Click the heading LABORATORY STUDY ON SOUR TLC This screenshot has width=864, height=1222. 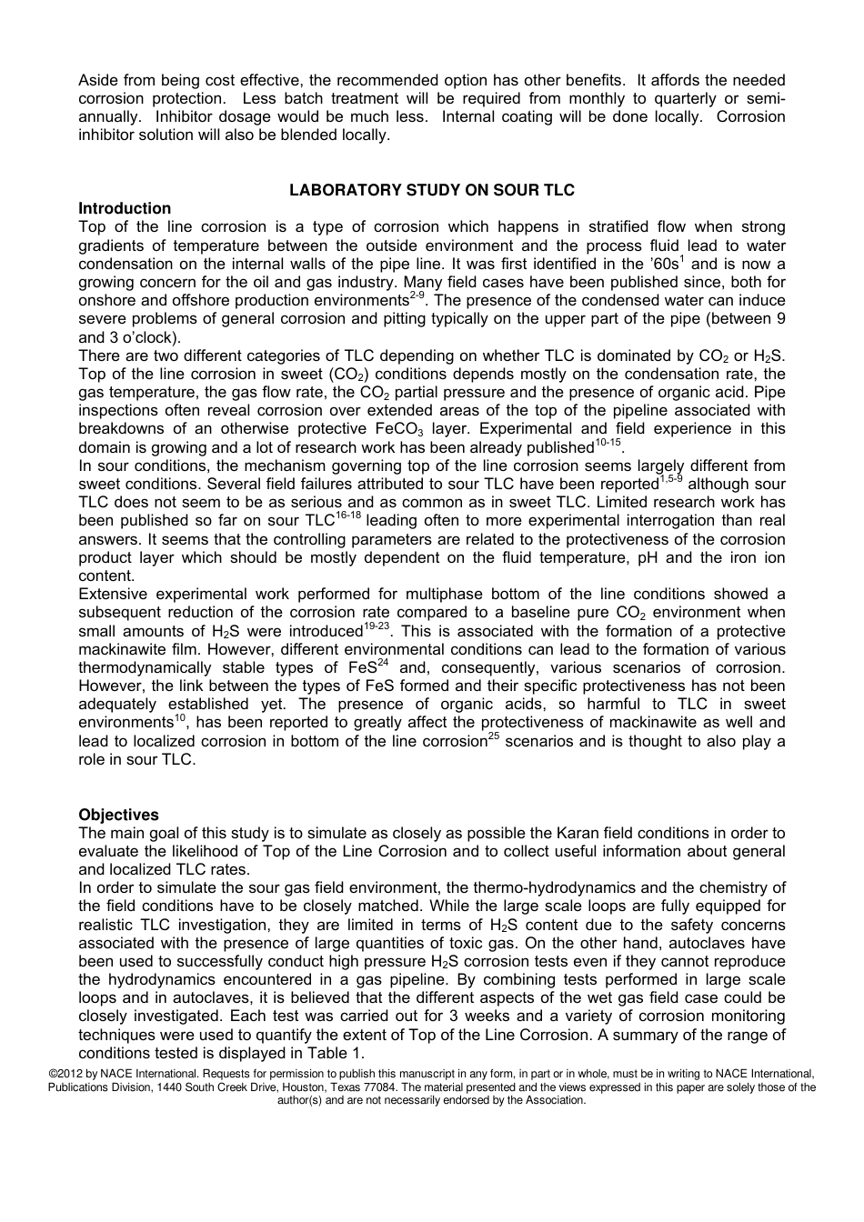click(432, 190)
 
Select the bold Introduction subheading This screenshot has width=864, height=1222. click(125, 208)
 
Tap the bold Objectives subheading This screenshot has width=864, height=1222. click(118, 815)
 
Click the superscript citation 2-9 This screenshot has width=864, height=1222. click(417, 295)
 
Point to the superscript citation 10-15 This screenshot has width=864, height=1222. click(608, 442)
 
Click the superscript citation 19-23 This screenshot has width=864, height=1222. click(377, 626)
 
